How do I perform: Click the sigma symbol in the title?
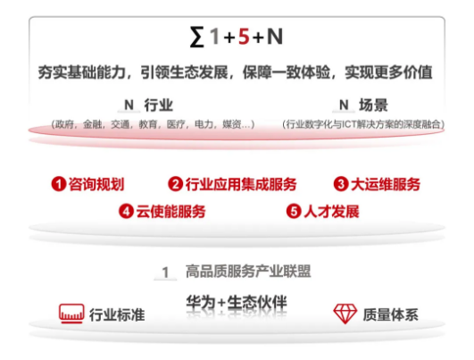[x=196, y=37]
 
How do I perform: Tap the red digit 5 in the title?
[x=244, y=37]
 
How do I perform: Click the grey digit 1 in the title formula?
[x=215, y=37]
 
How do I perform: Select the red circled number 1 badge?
[x=59, y=184]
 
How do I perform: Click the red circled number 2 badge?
[x=175, y=184]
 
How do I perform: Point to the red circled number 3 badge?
[x=341, y=184]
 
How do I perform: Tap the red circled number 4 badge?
[x=126, y=211]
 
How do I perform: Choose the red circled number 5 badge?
[x=294, y=211]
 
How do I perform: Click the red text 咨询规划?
[x=96, y=184]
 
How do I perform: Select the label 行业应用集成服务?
[x=241, y=184]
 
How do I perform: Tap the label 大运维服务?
[x=386, y=184]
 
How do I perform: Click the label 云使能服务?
[x=170, y=211]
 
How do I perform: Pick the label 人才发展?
[x=331, y=211]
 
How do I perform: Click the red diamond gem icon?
[x=345, y=314]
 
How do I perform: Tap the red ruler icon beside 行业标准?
[x=71, y=314]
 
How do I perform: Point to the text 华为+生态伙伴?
[x=237, y=302]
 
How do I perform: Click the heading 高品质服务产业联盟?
[x=248, y=271]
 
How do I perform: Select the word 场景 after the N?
[x=374, y=105]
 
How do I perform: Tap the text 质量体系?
[x=391, y=314]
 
